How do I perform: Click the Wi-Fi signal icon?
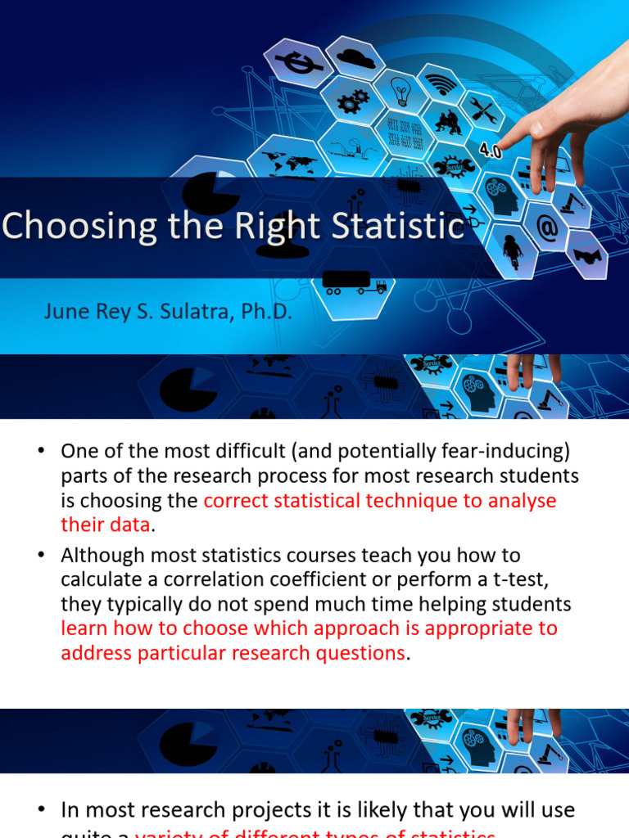click(441, 83)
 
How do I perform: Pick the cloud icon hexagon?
click(355, 57)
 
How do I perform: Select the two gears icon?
click(353, 101)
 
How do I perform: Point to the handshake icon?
click(586, 255)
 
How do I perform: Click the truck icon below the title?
click(355, 283)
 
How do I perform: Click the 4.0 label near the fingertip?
click(491, 151)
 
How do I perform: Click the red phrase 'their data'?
click(106, 525)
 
